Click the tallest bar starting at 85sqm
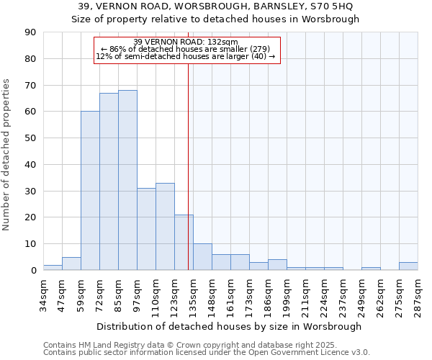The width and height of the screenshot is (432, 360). point(127,180)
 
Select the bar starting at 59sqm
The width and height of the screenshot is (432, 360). point(90,191)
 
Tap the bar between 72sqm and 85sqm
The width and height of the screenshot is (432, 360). point(109,181)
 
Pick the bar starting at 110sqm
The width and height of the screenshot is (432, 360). point(165,227)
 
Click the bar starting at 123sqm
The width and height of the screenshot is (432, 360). point(184,243)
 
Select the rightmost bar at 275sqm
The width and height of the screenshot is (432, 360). point(408,266)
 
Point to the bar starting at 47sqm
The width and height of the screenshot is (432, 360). point(71,264)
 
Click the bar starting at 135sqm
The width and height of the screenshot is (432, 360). point(202,257)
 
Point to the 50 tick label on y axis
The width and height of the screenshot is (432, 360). point(30,138)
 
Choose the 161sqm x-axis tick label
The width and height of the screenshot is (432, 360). point(230,294)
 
